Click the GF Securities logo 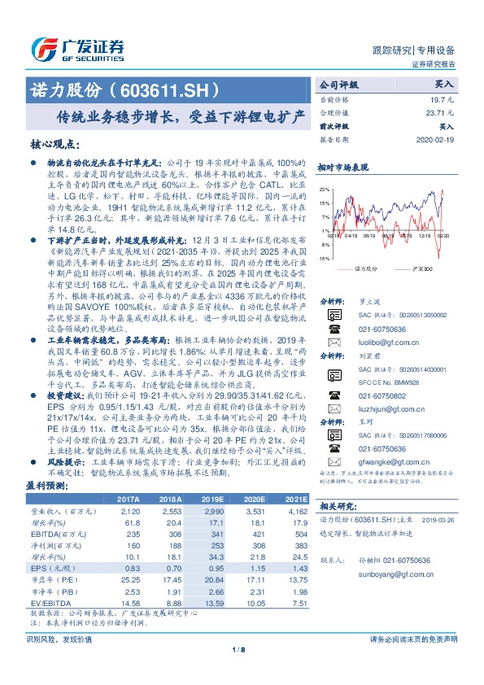pyautogui.click(x=76, y=46)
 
